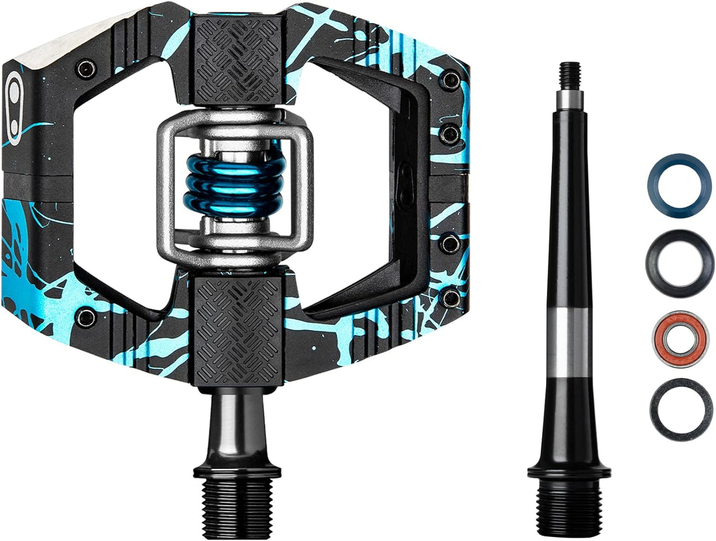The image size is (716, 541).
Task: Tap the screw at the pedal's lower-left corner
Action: pyautogui.click(x=87, y=314)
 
